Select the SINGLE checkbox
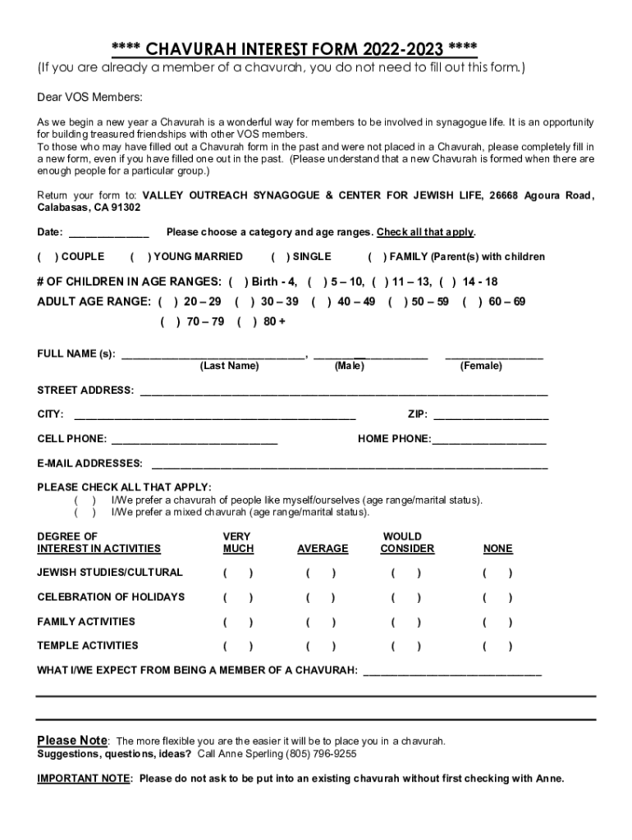click(280, 257)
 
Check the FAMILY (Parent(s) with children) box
click(377, 257)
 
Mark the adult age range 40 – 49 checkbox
click(321, 302)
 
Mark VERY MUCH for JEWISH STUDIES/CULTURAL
click(238, 573)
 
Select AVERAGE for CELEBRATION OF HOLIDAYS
click(321, 597)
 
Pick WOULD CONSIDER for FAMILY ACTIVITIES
click(406, 622)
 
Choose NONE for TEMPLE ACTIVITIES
click(497, 646)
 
